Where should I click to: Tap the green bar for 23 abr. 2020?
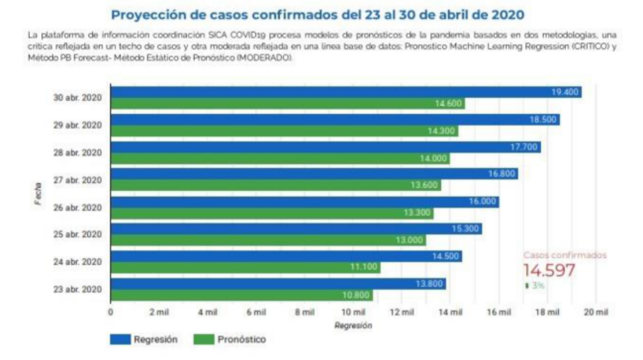tap(241, 295)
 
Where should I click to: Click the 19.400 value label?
tap(564, 92)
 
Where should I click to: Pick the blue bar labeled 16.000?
tap(304, 201)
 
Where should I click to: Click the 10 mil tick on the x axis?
tap(353, 312)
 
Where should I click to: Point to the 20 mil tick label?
tap(595, 312)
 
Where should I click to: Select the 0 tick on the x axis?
tap(111, 312)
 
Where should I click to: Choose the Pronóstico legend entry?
tap(234, 340)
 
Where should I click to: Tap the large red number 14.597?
tap(549, 270)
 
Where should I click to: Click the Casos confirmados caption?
tap(564, 255)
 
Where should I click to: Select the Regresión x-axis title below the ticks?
tap(353, 325)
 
